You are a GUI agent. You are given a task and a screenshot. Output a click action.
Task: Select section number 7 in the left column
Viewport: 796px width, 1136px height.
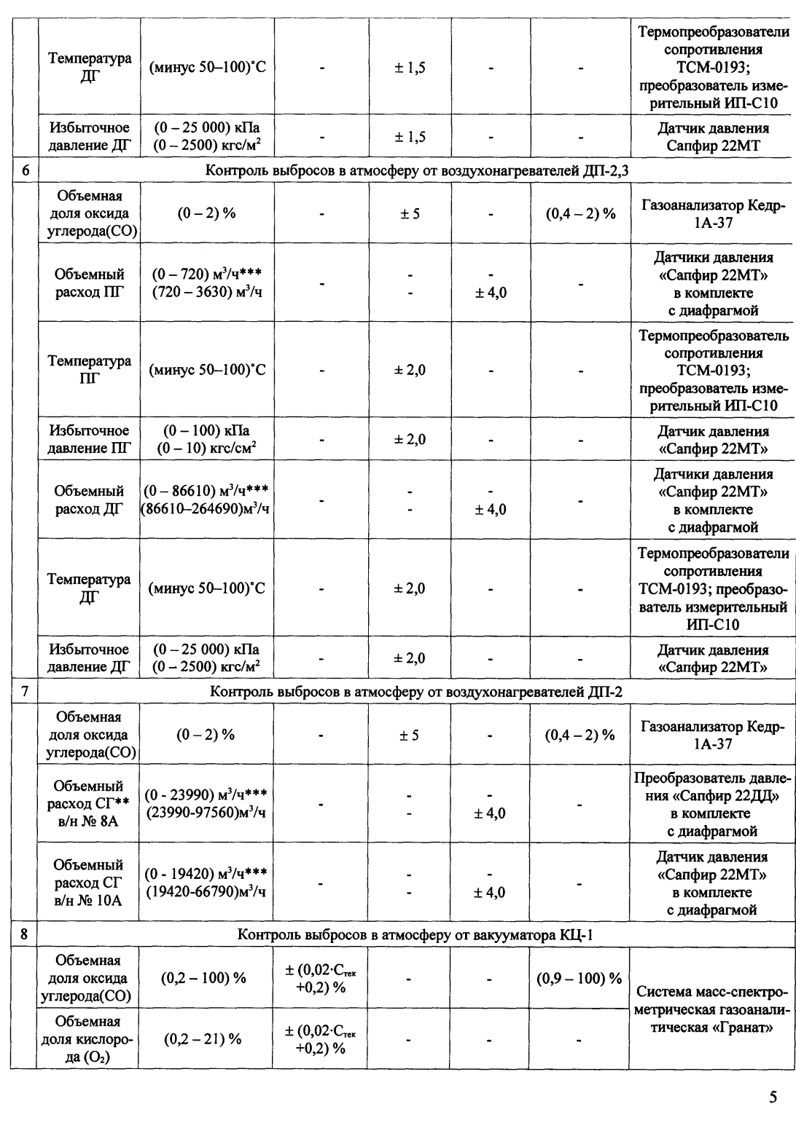25,692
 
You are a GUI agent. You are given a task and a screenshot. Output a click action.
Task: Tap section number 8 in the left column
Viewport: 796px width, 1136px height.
25,934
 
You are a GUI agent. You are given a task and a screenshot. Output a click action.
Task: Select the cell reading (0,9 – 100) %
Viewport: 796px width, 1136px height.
580,978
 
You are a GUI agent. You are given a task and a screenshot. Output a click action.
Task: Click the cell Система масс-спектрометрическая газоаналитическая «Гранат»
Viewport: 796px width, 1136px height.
712,1009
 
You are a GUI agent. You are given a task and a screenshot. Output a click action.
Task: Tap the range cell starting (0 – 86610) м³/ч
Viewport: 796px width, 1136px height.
206,500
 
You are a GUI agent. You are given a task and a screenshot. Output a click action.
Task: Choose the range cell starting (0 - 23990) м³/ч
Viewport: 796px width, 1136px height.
206,803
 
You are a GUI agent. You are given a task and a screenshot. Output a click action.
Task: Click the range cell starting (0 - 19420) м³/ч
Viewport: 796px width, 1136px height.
206,882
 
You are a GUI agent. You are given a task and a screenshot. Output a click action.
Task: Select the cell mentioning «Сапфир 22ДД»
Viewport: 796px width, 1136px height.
712,804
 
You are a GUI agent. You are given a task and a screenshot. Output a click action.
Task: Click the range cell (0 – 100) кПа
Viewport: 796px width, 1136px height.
206,440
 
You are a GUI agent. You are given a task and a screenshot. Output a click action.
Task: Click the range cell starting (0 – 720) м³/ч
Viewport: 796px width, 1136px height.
206,283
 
